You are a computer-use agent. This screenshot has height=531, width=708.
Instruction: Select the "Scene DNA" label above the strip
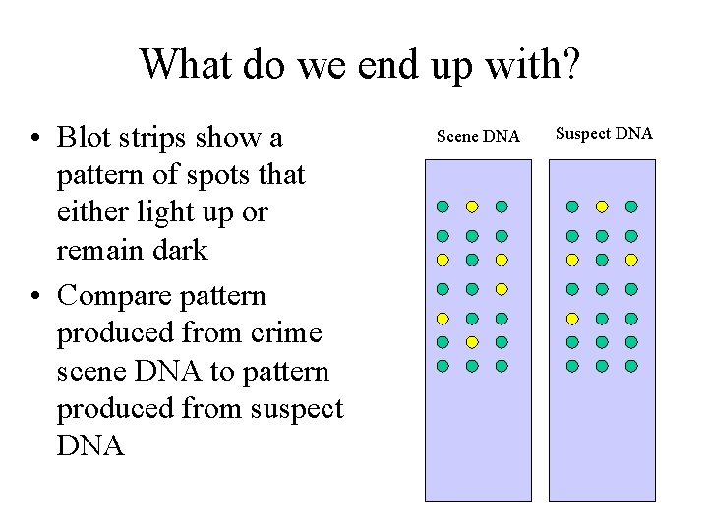click(478, 136)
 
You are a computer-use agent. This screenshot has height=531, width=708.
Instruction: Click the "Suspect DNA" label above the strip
click(604, 133)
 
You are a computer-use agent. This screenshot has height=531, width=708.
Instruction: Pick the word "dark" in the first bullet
click(180, 250)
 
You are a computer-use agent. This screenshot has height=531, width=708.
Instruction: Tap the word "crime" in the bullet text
click(283, 333)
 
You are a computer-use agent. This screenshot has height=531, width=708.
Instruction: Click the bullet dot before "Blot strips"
click(35, 138)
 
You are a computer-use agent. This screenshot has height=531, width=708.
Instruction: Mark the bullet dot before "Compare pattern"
click(35, 296)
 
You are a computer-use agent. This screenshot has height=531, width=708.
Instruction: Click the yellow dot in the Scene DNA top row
click(472, 206)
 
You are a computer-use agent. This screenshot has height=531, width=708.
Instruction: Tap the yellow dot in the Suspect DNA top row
click(602, 206)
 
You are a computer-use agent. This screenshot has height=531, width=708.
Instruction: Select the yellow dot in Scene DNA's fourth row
click(501, 289)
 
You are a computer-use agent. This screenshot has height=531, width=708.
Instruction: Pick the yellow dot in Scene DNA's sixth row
click(472, 342)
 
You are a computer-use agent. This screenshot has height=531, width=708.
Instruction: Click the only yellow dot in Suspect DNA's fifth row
click(572, 319)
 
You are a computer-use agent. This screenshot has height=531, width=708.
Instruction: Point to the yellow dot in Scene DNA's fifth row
click(442, 319)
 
